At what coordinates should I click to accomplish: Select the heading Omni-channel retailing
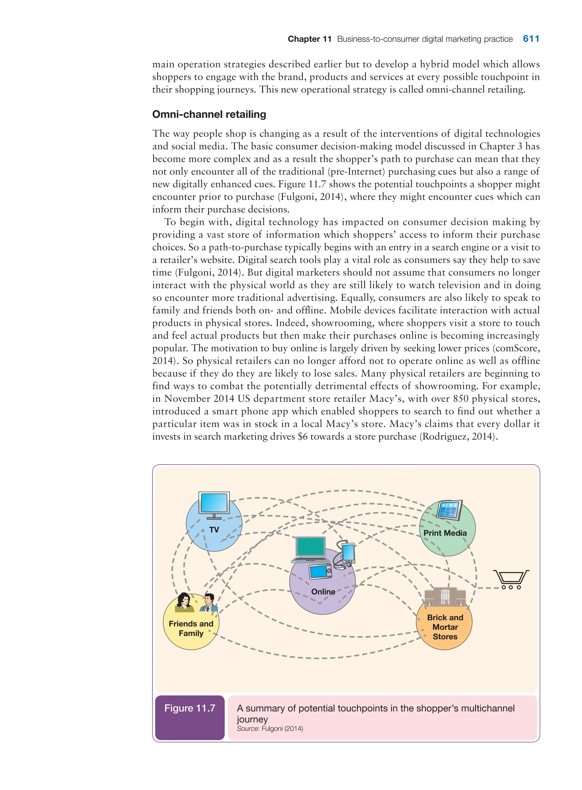pos(209,114)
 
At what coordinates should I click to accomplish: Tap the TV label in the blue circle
pos(214,530)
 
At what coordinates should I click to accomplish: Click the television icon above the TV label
pos(214,504)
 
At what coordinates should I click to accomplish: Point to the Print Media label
pos(445,533)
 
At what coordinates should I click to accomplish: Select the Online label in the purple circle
pos(323,592)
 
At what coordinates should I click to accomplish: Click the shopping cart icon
pos(511,579)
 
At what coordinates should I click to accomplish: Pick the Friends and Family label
pos(191,628)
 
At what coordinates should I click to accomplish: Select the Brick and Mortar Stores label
pos(445,627)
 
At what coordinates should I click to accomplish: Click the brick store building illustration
pos(445,596)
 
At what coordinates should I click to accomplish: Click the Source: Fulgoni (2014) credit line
pos(270,728)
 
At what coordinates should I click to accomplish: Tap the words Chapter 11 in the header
pos(309,39)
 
